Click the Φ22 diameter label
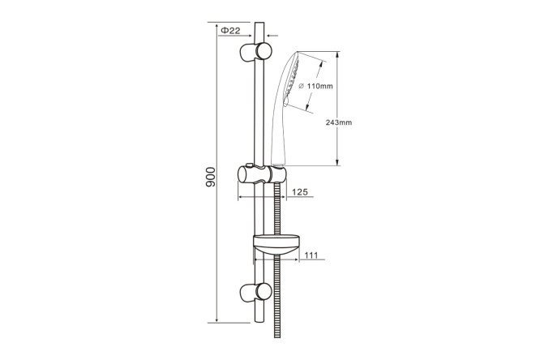click(x=230, y=31)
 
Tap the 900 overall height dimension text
click(x=211, y=177)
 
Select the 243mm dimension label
click(x=339, y=122)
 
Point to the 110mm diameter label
click(x=315, y=86)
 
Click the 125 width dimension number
click(x=300, y=192)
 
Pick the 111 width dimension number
click(x=311, y=255)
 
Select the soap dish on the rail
click(x=276, y=245)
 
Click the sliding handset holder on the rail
click(x=262, y=174)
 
